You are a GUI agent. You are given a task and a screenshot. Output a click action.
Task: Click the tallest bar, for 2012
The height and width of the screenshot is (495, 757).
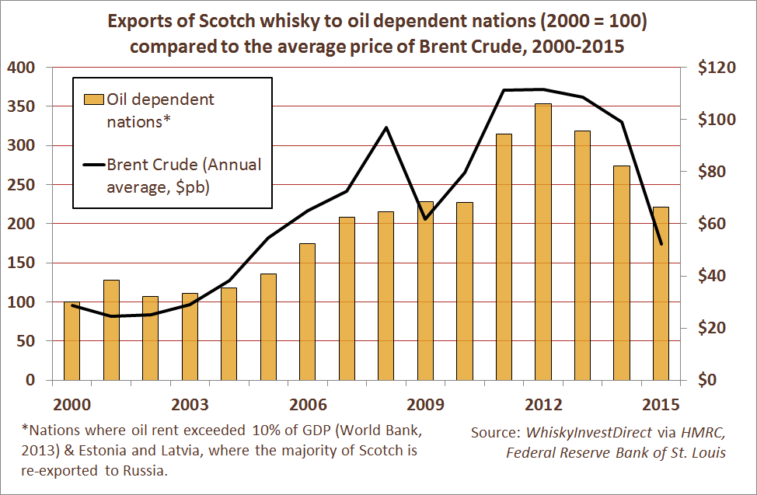pos(543,242)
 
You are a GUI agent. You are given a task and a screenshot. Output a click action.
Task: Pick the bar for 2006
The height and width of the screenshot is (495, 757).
pos(307,312)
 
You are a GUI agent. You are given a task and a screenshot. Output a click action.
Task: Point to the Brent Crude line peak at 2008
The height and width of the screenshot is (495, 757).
pos(386,127)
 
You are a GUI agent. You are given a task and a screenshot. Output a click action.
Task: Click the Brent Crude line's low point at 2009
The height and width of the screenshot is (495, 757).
pos(425,219)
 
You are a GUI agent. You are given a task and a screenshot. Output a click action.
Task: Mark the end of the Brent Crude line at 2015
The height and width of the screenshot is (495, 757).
pos(661,244)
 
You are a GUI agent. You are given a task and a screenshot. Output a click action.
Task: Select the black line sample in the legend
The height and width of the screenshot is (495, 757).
pos(92,165)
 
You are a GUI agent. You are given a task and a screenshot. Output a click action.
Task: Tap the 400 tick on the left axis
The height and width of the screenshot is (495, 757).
pos(23,68)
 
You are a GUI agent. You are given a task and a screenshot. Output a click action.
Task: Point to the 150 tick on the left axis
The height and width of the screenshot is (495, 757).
pos(23,263)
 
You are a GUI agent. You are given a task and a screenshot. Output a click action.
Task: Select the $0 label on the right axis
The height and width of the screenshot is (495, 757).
pos(708,380)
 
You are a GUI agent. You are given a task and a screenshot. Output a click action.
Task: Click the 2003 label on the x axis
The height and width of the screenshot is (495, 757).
pos(190,405)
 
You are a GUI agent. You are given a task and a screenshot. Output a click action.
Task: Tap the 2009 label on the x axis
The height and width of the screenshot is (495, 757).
pos(425,405)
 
